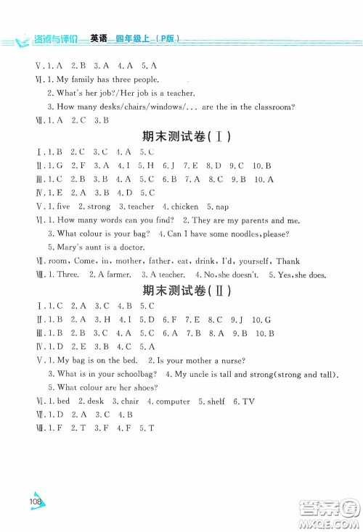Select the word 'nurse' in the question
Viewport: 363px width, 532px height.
point(232,360)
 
